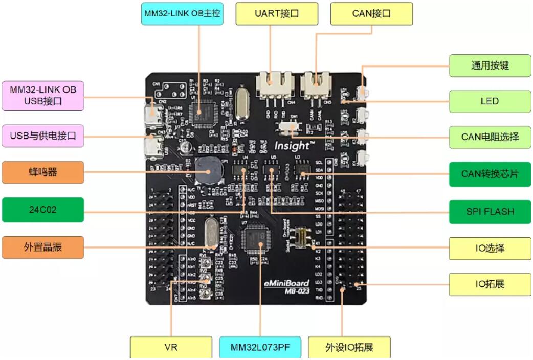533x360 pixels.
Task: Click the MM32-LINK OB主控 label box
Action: pyautogui.click(x=182, y=14)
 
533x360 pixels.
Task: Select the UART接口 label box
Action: pyautogui.click(x=276, y=14)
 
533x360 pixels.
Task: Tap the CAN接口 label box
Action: pyautogui.click(x=371, y=14)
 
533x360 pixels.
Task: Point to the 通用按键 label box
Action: pyautogui.click(x=490, y=65)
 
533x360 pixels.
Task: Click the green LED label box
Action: pyautogui.click(x=490, y=101)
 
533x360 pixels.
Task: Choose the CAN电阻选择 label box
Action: pyautogui.click(x=490, y=137)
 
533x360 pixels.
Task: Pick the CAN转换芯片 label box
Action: pyautogui.click(x=490, y=174)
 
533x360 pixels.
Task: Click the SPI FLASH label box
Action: pyautogui.click(x=490, y=211)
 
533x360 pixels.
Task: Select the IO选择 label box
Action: pyautogui.click(x=490, y=249)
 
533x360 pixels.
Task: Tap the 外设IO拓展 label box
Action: pyautogui.click(x=349, y=347)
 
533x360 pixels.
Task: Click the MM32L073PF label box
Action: pyautogui.click(x=260, y=347)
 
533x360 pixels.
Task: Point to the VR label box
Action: pyautogui.click(x=171, y=347)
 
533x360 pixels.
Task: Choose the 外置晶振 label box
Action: pyautogui.click(x=43, y=247)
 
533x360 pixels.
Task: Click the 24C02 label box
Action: pyautogui.click(x=43, y=210)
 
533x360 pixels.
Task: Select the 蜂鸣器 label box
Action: pyautogui.click(x=43, y=172)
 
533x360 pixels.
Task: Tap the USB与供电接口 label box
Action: pyautogui.click(x=43, y=136)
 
